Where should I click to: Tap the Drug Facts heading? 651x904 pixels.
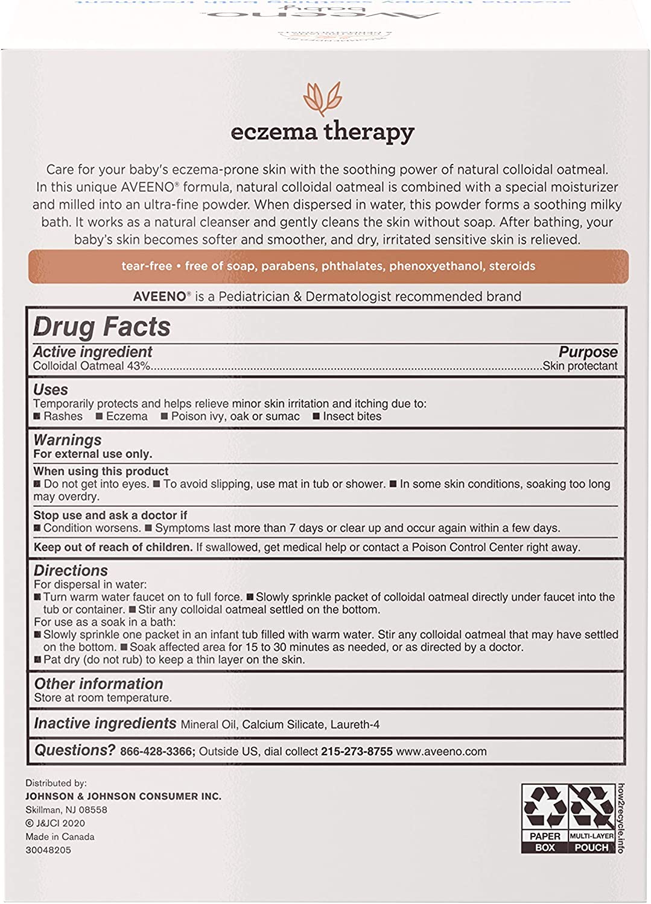(102, 327)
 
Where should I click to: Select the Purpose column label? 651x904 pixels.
(588, 352)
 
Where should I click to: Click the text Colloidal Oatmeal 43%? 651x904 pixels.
(92, 366)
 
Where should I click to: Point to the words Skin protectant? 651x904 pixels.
(580, 366)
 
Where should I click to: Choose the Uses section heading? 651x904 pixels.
(51, 390)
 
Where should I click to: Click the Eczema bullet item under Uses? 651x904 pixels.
(126, 416)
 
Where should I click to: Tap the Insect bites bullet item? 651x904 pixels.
(352, 416)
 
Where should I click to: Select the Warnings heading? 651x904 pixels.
(68, 440)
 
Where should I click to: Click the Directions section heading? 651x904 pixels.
(71, 570)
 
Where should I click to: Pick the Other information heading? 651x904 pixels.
(98, 683)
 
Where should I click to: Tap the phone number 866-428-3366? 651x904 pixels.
(156, 752)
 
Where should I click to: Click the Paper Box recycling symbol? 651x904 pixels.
(545, 808)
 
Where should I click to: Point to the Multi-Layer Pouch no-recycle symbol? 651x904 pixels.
(591, 808)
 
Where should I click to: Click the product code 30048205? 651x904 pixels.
(48, 850)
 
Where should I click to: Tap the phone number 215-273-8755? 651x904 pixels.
(357, 752)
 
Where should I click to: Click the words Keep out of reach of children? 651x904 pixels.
(113, 547)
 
